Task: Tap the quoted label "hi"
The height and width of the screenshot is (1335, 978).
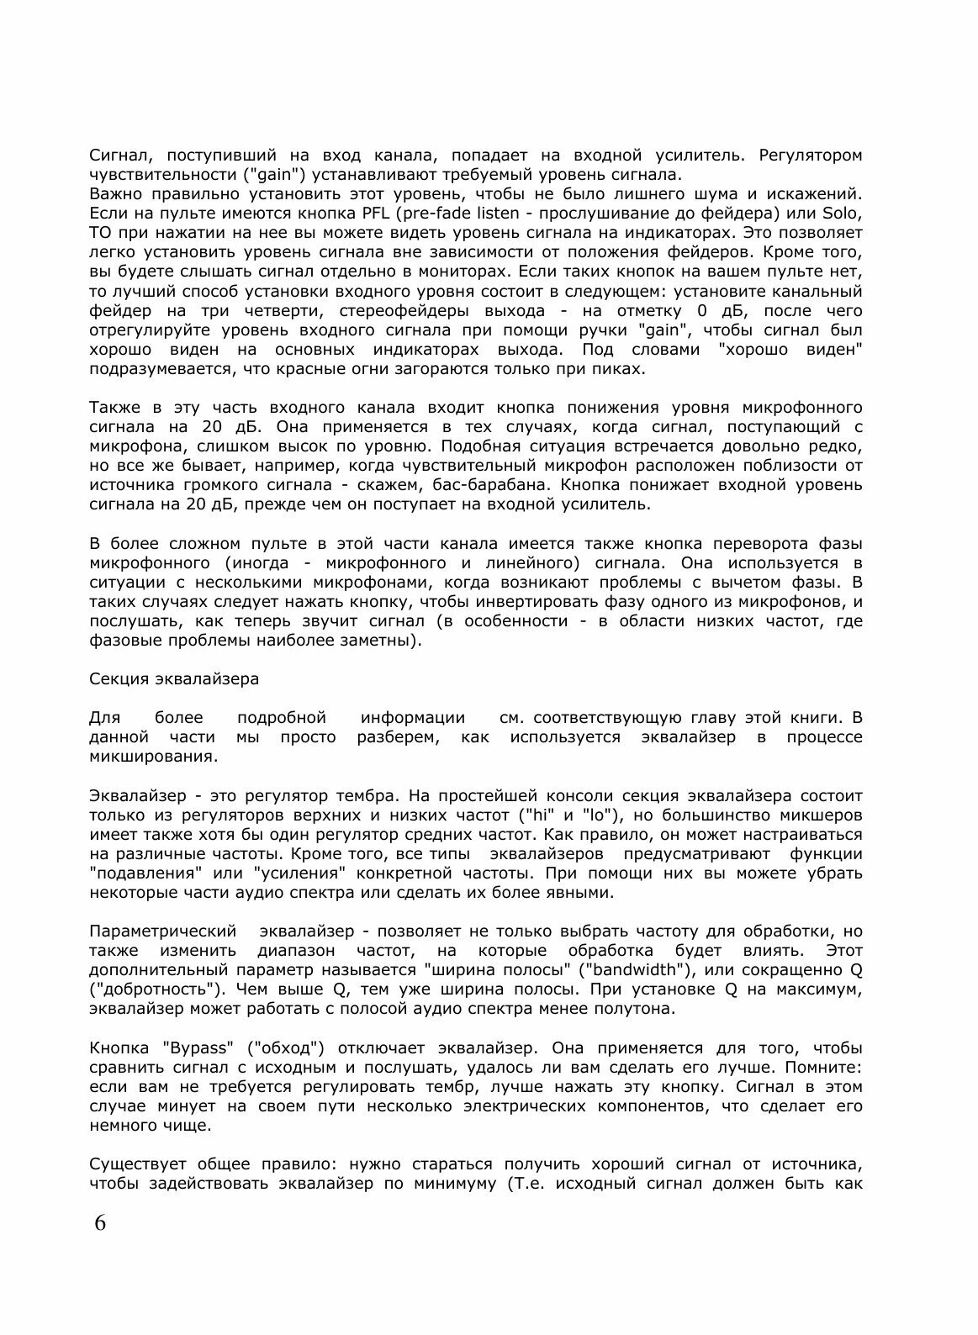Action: tap(535, 815)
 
